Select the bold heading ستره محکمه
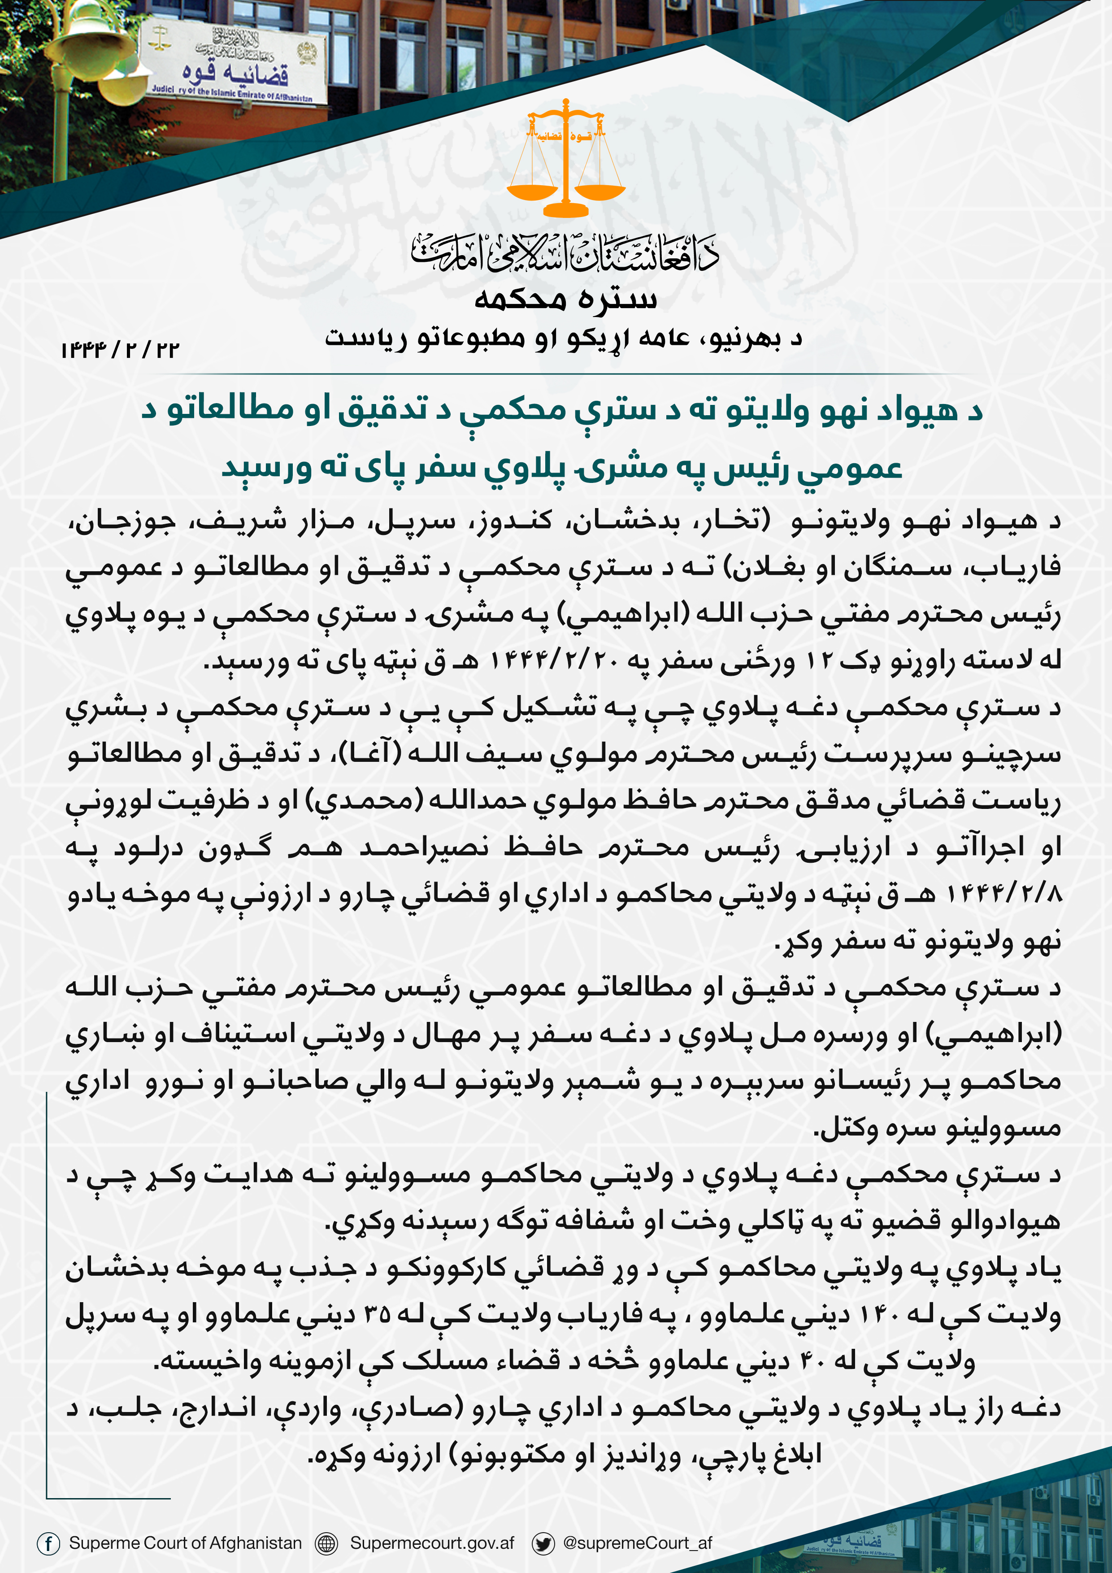coord(565,299)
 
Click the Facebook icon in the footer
coord(48,1543)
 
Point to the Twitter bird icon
coord(543,1543)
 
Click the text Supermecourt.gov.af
coord(432,1543)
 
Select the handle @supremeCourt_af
coord(637,1543)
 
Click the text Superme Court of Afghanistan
coord(185,1543)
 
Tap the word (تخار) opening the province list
coord(726,521)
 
